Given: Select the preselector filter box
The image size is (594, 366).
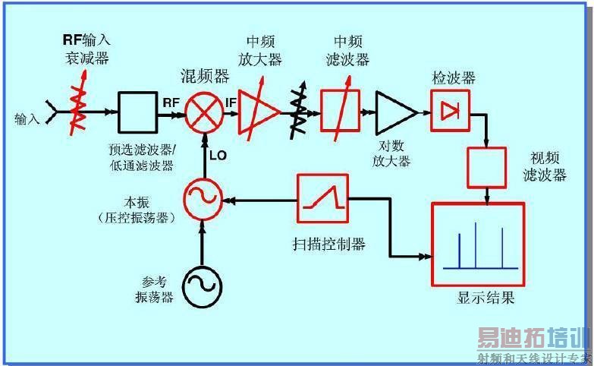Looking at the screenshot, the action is pos(137,112).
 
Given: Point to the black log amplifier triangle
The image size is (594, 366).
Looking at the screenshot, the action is pos(396,112).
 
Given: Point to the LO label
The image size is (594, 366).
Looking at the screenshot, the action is pos(218,155).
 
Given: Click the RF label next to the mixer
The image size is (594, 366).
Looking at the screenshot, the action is pos(171,103).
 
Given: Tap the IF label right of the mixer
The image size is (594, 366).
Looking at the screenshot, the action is pos(231,103).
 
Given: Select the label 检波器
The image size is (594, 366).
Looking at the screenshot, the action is pos(454,78).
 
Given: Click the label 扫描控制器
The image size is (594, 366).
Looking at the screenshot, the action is pos(328,244).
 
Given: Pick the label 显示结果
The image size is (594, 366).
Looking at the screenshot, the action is pos(486,298).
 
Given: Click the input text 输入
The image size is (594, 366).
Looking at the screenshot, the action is pos(27,119).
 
